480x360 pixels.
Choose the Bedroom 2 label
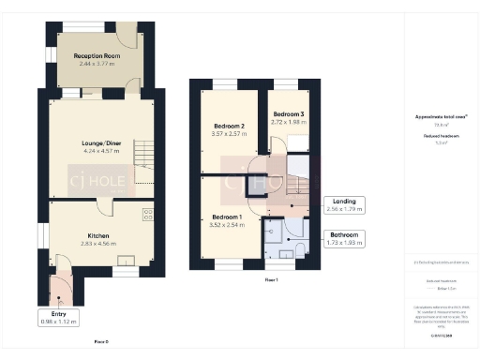click(x=230, y=126)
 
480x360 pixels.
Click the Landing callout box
click(x=344, y=205)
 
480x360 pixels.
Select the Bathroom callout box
click(x=344, y=238)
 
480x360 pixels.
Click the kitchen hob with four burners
click(x=148, y=216)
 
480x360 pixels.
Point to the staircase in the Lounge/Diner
click(x=143, y=153)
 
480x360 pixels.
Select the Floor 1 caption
click(x=271, y=279)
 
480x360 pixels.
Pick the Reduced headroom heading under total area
click(x=434, y=135)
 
